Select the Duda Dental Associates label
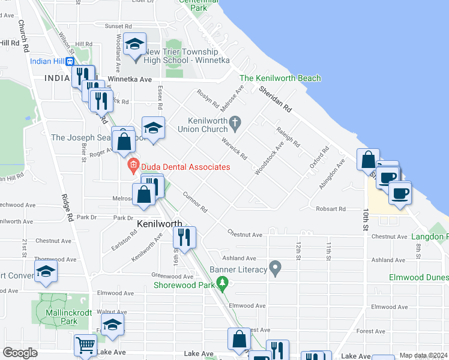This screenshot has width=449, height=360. tap(184, 167)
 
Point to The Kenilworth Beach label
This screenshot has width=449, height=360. tap(280, 79)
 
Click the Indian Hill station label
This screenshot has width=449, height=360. tap(47, 61)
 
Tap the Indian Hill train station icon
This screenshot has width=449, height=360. tap(70, 61)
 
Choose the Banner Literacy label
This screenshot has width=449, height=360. tap(238, 269)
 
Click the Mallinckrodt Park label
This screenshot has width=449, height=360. tap(61, 317)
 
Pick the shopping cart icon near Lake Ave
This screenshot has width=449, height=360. tap(86, 346)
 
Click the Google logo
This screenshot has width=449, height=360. tap(20, 353)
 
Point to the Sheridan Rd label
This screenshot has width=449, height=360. tap(276, 100)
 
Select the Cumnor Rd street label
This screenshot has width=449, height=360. tap(195, 202)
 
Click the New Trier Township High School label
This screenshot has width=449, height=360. tap(180, 56)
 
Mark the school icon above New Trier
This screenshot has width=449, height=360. tap(135, 44)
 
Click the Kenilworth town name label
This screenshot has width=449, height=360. tap(160, 224)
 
